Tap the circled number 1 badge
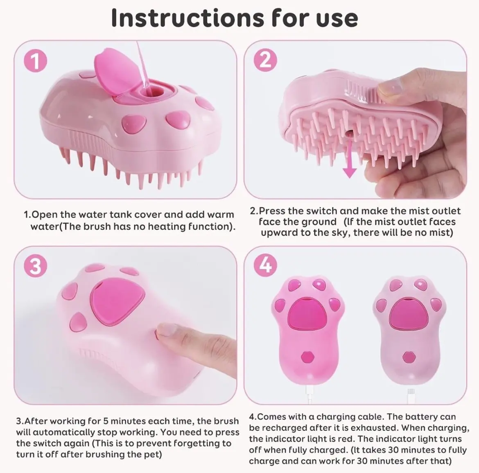tap(36, 61)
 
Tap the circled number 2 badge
tap(265, 59)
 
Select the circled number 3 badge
tap(36, 266)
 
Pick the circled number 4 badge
tap(265, 265)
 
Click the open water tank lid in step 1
tap(113, 73)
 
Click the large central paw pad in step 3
tap(116, 301)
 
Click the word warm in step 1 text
tap(221, 215)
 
